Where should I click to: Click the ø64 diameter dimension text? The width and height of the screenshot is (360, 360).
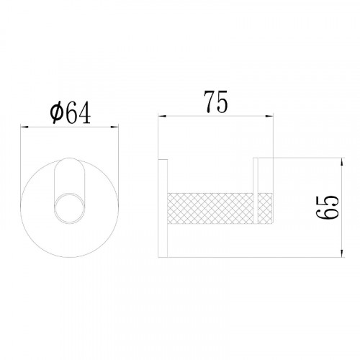(x=71, y=112)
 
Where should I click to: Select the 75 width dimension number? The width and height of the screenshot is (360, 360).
(x=215, y=102)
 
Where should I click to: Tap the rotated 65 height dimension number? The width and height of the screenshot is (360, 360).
(x=327, y=207)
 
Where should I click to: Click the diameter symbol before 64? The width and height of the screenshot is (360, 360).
(x=57, y=114)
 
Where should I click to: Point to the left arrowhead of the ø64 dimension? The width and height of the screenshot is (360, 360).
(x=24, y=127)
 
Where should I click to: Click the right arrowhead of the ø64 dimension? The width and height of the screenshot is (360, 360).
(x=114, y=127)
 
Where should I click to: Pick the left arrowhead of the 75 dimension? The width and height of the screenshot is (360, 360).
(x=162, y=116)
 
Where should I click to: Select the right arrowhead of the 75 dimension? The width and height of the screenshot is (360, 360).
(x=269, y=116)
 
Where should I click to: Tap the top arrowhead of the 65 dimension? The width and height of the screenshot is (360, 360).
(x=342, y=162)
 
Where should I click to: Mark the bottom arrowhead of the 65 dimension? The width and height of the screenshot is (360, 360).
(x=342, y=253)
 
